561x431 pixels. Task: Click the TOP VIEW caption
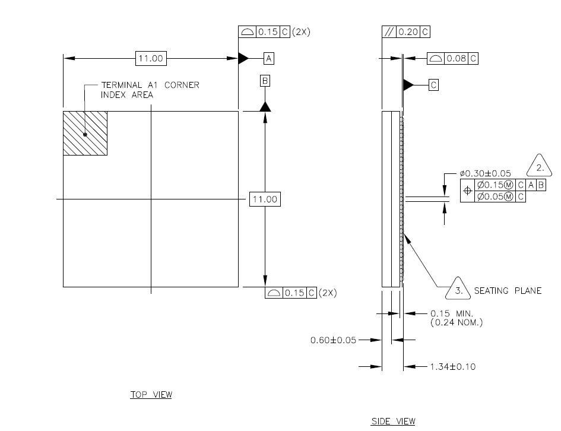pos(151,395)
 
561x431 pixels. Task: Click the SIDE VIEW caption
pos(393,422)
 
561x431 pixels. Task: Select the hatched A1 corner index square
pos(85,134)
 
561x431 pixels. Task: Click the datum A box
pos(269,58)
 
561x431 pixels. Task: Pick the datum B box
pos(265,80)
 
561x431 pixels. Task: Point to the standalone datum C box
pos(433,85)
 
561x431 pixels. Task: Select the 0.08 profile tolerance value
pos(456,58)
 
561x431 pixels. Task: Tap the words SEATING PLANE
pos(508,291)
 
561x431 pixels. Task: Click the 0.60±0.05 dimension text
pos(333,340)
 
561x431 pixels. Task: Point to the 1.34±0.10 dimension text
pos(452,367)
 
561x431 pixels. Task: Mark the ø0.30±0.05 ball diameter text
pos(485,173)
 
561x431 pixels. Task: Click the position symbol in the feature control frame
pos(467,191)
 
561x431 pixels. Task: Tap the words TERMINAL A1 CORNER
pos(150,85)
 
